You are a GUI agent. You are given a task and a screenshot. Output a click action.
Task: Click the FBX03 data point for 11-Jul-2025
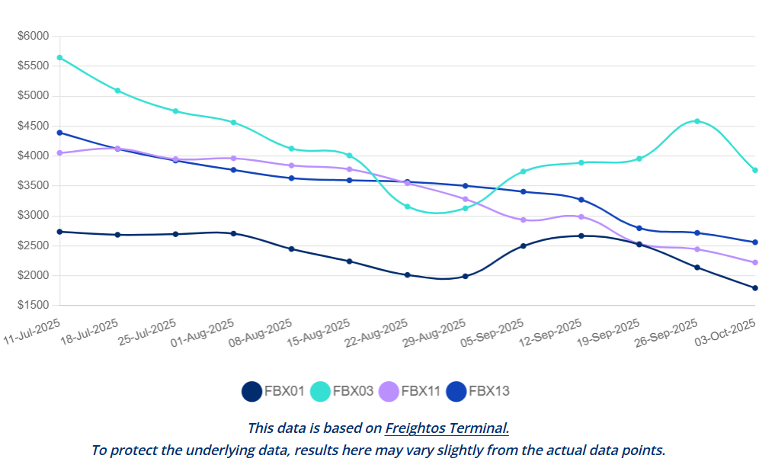59,57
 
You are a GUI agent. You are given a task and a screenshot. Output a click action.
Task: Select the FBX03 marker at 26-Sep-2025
697,121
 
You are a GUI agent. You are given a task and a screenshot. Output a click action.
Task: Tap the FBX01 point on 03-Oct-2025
754,288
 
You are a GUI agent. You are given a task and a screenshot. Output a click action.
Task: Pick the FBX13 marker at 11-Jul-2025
59,133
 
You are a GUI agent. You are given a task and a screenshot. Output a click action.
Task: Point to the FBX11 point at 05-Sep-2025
524,220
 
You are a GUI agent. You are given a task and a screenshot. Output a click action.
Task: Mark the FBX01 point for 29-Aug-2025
466,276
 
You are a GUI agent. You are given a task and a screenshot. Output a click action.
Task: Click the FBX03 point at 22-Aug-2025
408,207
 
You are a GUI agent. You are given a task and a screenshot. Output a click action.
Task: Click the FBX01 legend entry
274,391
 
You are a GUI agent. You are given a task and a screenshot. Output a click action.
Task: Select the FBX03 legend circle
320,391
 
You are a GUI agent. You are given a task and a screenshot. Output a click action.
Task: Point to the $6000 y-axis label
33,36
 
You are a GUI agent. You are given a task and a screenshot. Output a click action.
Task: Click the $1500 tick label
33,306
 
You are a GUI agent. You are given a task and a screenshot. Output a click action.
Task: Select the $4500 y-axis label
33,126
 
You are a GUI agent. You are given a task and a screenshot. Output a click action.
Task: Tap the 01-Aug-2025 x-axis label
203,334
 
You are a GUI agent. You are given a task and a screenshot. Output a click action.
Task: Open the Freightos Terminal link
447,428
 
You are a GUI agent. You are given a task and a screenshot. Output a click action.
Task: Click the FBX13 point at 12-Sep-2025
581,200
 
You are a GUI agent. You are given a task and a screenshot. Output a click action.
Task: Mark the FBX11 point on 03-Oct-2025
754,262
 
